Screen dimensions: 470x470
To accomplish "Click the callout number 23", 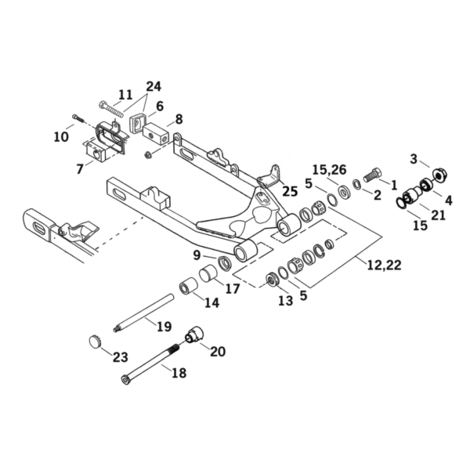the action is click(121, 357).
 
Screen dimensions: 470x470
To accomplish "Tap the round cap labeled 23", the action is click(96, 342).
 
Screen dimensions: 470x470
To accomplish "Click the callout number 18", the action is click(179, 373).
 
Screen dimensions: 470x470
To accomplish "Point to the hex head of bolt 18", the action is click(126, 379).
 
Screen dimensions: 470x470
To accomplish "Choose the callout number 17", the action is click(233, 288).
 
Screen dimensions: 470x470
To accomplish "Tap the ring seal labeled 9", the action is click(225, 262).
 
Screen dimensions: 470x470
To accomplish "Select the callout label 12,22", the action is click(385, 265).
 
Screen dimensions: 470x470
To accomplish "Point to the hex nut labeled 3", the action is click(440, 175).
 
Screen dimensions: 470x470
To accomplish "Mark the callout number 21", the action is click(438, 215).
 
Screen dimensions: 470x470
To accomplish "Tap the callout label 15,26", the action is click(330, 170).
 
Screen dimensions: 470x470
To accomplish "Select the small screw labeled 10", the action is click(78, 118).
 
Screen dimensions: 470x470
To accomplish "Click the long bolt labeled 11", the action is click(111, 109).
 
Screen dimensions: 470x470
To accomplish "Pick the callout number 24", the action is click(154, 86).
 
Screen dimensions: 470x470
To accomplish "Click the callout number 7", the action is click(79, 169).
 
